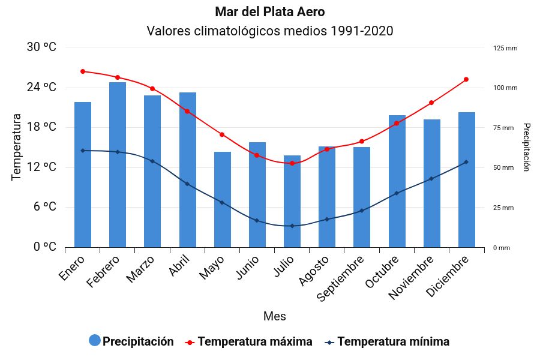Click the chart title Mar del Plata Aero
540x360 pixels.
pos(269,12)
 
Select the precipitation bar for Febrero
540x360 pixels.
pos(118,164)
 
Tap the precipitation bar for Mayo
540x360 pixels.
pos(223,199)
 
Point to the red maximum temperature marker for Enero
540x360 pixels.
pos(83,71)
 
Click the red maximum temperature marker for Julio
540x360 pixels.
pos(292,163)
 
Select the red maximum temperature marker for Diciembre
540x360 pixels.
pos(466,79)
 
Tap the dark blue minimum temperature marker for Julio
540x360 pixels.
pos(292,226)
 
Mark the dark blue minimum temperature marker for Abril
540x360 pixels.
pos(187,184)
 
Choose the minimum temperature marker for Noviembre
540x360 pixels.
pos(431,179)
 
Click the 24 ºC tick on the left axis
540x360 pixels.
pos(41,88)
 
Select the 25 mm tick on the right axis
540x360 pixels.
pos(503,208)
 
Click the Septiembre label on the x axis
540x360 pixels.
pos(340,280)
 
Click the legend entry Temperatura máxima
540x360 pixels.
pos(254,342)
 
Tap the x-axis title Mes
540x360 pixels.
pos(274,316)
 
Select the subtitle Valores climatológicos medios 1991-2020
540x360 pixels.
pos(269,31)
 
